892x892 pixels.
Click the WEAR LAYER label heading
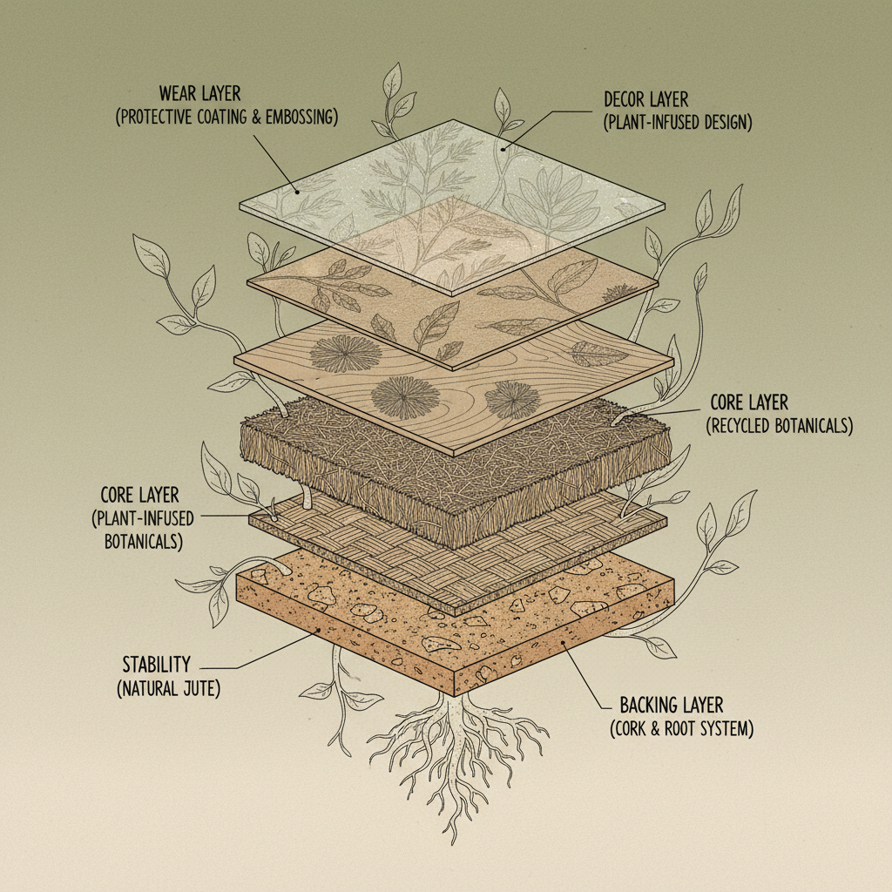point(199,93)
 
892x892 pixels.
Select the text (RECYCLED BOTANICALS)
point(777,426)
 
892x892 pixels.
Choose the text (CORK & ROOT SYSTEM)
point(680,727)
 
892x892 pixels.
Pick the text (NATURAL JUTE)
point(168,689)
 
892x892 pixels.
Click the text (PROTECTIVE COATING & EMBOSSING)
point(226,117)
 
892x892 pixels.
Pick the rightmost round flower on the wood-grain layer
point(512,399)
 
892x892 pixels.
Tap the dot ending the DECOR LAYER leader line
point(504,147)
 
